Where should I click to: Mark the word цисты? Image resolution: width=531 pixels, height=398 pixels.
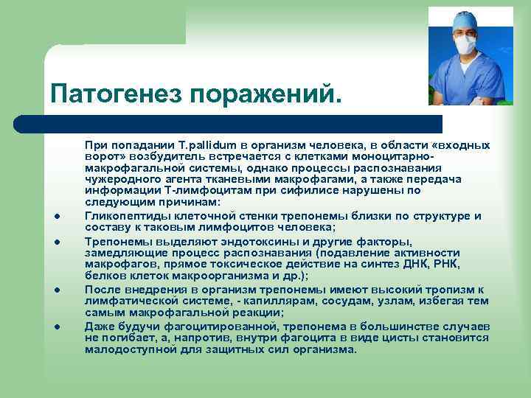[x=396, y=338]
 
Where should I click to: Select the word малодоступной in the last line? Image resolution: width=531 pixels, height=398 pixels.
[x=126, y=349]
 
